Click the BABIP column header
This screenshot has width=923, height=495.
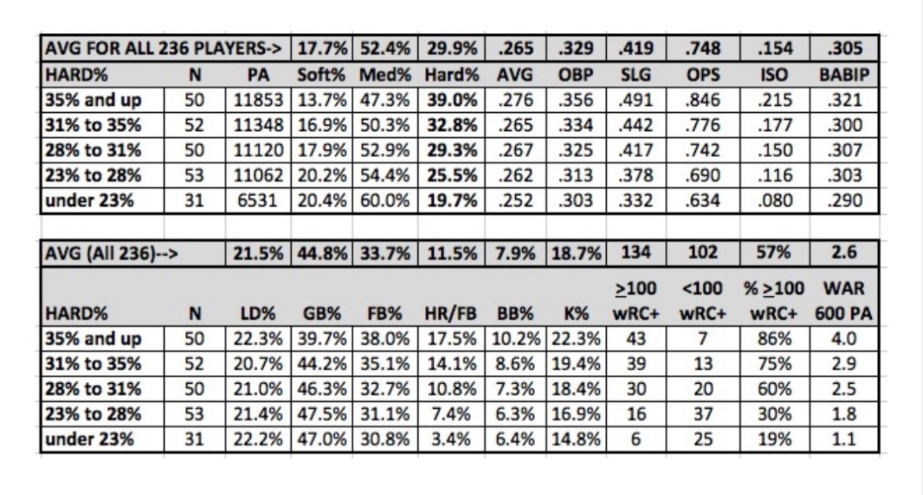tap(846, 75)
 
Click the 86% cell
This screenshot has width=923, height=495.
tap(773, 339)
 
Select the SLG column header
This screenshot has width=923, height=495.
tap(636, 75)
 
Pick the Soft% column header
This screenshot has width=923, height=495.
tap(323, 75)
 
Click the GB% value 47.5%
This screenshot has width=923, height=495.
tap(323, 414)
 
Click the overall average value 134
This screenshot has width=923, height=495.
tap(636, 252)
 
